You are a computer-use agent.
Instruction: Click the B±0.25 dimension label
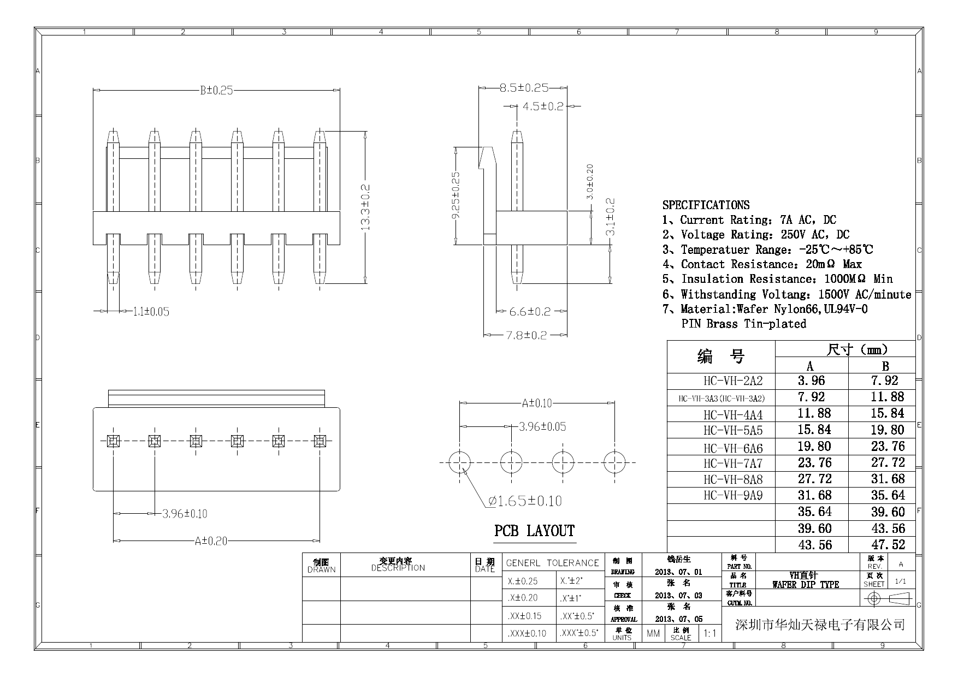tap(216, 90)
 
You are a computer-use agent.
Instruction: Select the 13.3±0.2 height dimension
tap(366, 207)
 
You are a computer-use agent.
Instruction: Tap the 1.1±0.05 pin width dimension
tap(151, 312)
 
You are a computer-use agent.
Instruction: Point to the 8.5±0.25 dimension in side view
tap(523, 87)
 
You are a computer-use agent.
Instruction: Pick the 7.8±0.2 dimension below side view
tap(526, 335)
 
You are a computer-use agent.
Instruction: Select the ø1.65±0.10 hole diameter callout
tap(525, 501)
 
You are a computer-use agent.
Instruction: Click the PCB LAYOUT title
tap(534, 531)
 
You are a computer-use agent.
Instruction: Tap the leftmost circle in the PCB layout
tap(460, 462)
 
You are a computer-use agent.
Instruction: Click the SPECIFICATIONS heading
tap(706, 205)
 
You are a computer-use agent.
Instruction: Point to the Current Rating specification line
tap(749, 220)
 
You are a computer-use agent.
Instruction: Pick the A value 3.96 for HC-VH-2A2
tap(811, 381)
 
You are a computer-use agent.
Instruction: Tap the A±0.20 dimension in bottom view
tap(211, 541)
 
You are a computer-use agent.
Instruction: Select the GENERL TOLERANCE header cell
tap(552, 563)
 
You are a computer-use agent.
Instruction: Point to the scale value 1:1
tap(710, 633)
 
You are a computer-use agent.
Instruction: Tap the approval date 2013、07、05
tap(678, 619)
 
